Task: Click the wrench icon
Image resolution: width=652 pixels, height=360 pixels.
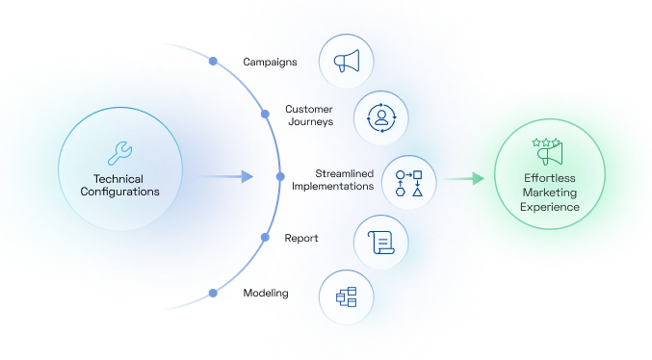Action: pyautogui.click(x=120, y=151)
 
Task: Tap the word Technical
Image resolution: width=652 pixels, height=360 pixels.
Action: pyautogui.click(x=120, y=178)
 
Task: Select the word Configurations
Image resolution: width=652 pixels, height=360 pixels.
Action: pyautogui.click(x=120, y=192)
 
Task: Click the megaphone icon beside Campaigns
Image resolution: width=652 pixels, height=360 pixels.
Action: pyautogui.click(x=347, y=61)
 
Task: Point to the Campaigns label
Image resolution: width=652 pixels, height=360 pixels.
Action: pyautogui.click(x=270, y=62)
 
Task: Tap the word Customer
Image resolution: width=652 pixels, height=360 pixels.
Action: pyautogui.click(x=310, y=109)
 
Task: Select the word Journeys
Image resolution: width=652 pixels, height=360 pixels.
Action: pyautogui.click(x=310, y=122)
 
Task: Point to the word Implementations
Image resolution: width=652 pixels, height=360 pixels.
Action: pyautogui.click(x=333, y=186)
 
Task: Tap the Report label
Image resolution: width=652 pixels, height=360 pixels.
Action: pyautogui.click(x=301, y=237)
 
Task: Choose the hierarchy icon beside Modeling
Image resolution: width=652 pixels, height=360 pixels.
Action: pyautogui.click(x=346, y=296)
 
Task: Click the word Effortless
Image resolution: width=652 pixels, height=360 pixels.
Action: pyautogui.click(x=549, y=178)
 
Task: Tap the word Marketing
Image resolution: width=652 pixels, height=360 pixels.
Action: pyautogui.click(x=549, y=193)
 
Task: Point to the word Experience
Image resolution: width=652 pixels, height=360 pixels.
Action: pyautogui.click(x=549, y=207)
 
